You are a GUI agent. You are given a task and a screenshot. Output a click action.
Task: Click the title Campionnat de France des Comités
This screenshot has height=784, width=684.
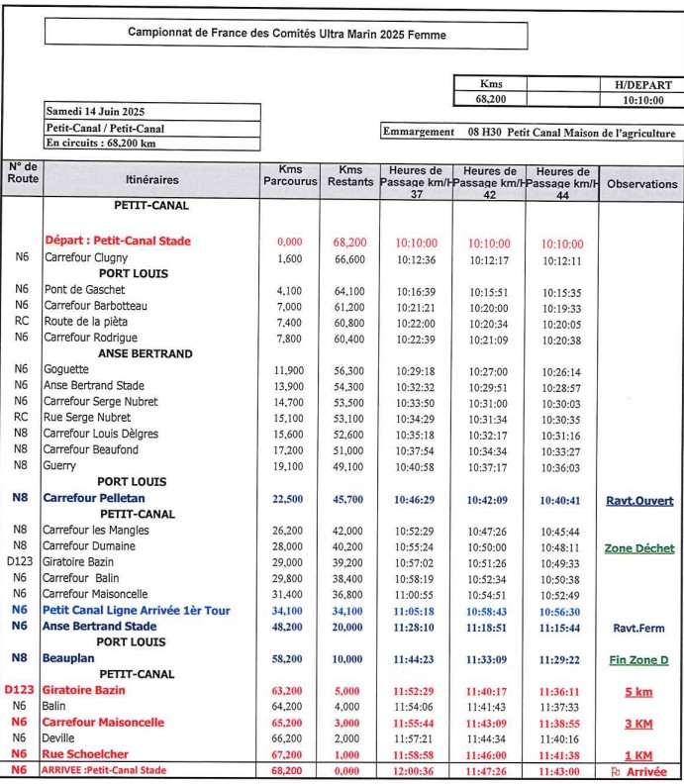287,33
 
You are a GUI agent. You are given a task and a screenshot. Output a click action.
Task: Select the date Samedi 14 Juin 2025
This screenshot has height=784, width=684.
95,111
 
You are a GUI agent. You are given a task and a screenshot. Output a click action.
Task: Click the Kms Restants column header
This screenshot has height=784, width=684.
349,176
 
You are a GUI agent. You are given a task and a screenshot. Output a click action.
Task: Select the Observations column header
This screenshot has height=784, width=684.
641,184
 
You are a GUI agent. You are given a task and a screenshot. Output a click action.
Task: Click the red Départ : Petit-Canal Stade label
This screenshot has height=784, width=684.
118,241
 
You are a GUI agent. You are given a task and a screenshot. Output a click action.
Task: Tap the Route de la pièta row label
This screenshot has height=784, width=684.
85,322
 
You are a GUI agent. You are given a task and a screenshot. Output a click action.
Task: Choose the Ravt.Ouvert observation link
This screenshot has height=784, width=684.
639,501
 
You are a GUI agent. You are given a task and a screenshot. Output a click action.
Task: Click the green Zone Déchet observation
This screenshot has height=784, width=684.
639,548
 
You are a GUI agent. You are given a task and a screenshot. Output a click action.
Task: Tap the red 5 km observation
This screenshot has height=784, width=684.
638,691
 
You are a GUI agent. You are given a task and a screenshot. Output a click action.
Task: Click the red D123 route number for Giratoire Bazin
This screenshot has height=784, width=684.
21,690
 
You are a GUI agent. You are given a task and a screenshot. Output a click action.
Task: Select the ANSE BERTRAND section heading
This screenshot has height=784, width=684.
146,353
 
